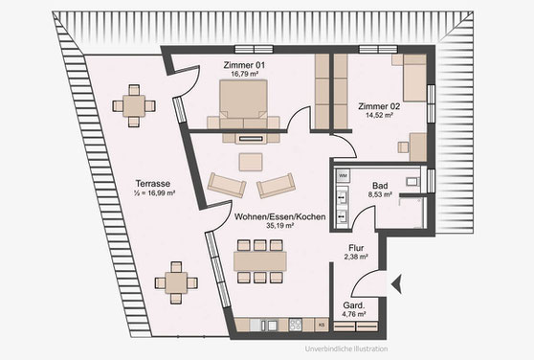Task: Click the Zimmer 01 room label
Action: (x=244, y=65)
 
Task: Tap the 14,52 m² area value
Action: (x=379, y=115)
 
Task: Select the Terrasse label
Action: (x=152, y=184)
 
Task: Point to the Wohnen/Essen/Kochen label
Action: (x=280, y=216)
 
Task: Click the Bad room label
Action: (x=380, y=186)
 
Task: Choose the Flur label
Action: (x=356, y=248)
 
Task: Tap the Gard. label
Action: (x=354, y=305)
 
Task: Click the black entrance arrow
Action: (x=396, y=283)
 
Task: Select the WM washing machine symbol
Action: (x=343, y=176)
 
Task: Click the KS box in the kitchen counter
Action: (x=322, y=325)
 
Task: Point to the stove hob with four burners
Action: (x=296, y=325)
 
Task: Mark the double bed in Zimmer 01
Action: (x=243, y=103)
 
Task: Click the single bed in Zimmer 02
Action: (x=414, y=78)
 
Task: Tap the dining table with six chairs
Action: (x=260, y=261)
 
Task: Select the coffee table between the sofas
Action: (x=251, y=162)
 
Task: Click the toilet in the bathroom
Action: (x=413, y=181)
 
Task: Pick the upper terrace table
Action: (x=134, y=106)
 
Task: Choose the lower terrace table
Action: (x=176, y=282)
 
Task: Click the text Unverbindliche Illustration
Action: (x=346, y=349)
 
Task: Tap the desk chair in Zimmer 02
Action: (x=403, y=147)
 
